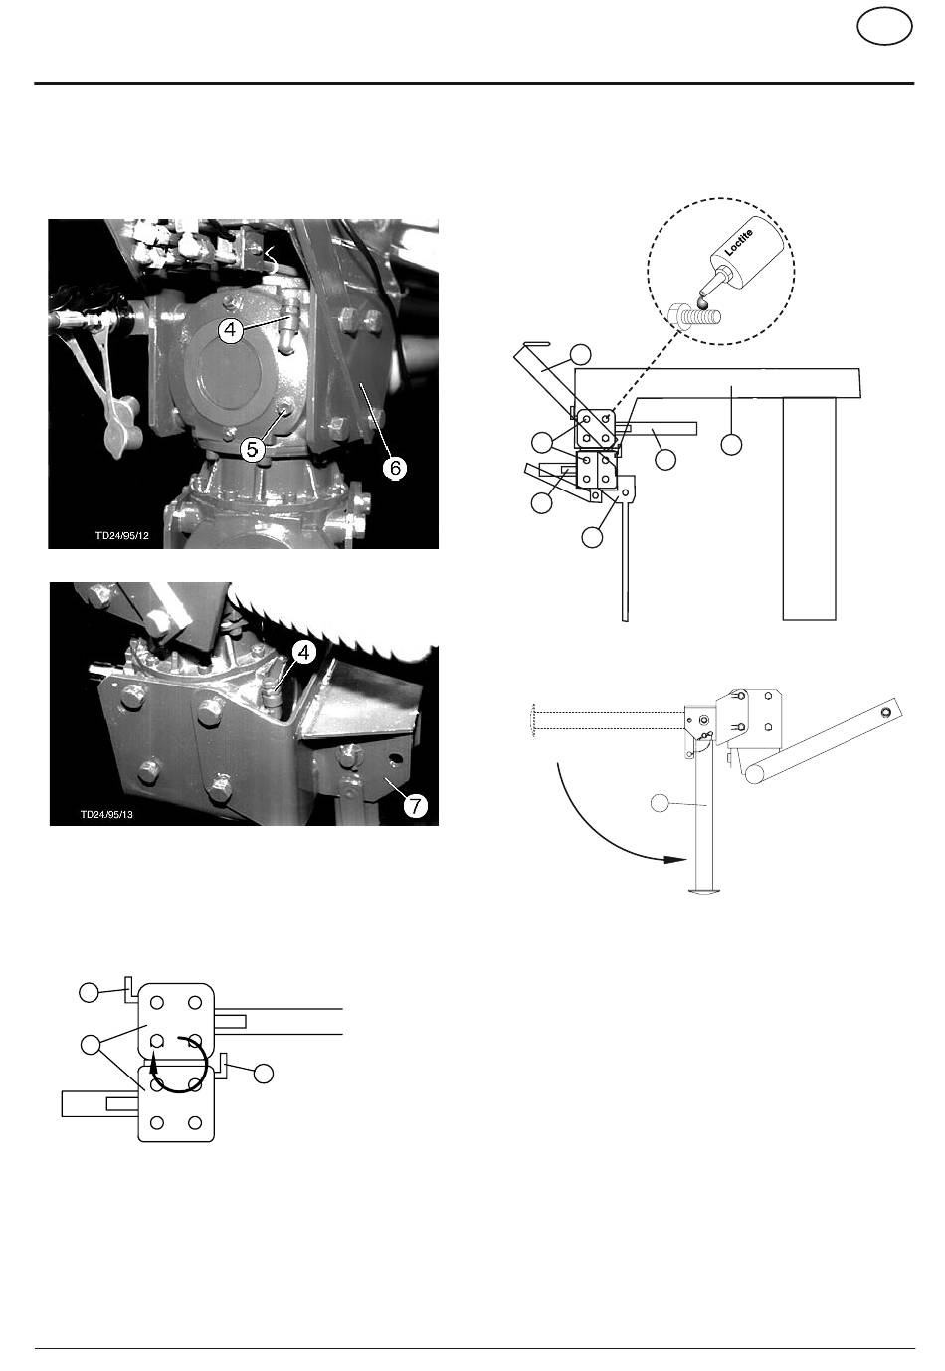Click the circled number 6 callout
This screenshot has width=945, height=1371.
point(395,468)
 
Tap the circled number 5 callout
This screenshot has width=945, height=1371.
point(252,450)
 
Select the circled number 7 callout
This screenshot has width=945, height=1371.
point(416,805)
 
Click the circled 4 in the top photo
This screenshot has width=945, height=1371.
point(230,330)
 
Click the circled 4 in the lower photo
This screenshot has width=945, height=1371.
point(304,653)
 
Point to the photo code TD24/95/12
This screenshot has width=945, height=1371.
point(121,535)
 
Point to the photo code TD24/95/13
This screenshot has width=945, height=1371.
point(106,814)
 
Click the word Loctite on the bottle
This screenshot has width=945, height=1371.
point(739,242)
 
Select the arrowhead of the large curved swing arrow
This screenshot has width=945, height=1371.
point(675,859)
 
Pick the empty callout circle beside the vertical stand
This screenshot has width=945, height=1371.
point(660,803)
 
